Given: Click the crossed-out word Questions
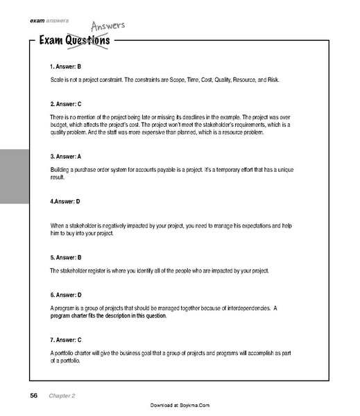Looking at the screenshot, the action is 88,42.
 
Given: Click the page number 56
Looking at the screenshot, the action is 33,395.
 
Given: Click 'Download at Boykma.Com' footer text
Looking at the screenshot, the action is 180,405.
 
